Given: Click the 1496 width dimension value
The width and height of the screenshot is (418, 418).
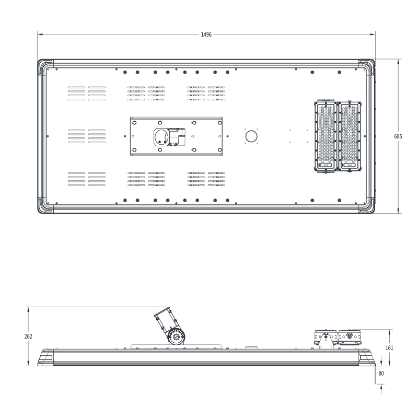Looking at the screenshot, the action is tap(206, 34).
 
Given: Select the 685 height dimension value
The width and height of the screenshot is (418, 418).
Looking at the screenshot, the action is tap(398, 136).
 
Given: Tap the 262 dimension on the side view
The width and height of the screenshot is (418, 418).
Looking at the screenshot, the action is tap(28, 336).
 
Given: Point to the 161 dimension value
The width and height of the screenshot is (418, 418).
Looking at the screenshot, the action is tap(389, 347).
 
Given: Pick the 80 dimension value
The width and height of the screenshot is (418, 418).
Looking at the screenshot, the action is tap(381, 374).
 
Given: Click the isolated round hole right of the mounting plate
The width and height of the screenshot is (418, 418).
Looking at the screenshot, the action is tap(251, 136).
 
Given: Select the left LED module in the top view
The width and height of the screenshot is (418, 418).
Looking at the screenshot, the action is tap(326, 136).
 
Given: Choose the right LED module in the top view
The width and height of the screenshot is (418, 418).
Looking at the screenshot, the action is tap(350, 136).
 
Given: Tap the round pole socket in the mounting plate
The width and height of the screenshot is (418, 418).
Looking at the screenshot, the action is tap(161, 136).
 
